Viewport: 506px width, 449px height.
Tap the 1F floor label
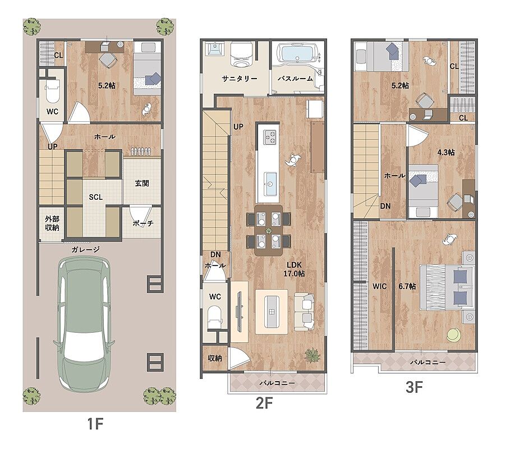95,424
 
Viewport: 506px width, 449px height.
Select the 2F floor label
264,403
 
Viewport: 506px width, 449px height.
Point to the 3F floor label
414,387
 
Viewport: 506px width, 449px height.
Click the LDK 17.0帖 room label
293,269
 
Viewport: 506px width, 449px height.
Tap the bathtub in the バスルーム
296,53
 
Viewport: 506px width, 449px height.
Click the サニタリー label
240,79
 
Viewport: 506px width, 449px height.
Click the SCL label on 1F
96,197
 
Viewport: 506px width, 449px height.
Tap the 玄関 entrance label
142,184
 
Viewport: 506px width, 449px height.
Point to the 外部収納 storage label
52,223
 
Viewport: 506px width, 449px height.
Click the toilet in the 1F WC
52,91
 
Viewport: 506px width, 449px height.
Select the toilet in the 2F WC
215,317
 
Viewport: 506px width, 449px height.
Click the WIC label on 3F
379,286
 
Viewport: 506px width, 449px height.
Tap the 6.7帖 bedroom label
407,286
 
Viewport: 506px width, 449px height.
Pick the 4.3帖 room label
446,152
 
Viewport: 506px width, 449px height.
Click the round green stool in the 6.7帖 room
454,335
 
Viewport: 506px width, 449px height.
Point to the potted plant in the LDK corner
312,355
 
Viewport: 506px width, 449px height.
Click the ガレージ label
85,249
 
